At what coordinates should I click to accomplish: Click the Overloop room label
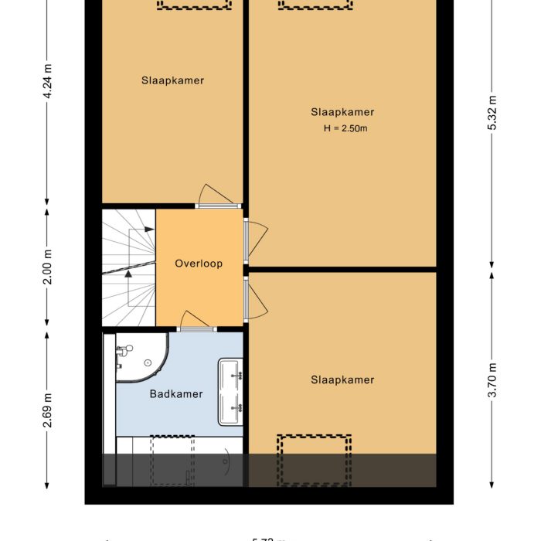tap(199, 264)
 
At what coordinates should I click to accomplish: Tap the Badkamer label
tap(176, 394)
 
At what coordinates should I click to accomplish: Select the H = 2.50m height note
tap(345, 128)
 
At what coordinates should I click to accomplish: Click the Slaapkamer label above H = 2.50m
tap(342, 112)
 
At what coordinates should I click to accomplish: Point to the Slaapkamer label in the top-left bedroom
tap(172, 80)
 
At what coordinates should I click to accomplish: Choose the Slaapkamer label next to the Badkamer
tap(342, 380)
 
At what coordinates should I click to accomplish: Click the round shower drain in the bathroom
tap(147, 362)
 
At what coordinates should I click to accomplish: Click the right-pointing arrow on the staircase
tap(145, 230)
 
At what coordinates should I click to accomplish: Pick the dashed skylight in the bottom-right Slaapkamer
tap(315, 459)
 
